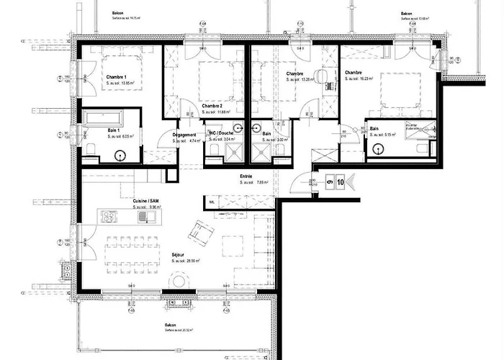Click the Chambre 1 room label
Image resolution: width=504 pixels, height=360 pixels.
[117, 77]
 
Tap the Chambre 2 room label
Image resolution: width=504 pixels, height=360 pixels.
[212, 105]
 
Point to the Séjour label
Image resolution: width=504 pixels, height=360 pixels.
[177, 255]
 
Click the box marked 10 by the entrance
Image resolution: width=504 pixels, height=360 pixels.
[339, 183]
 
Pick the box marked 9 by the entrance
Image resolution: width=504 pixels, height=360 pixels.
[328, 183]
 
